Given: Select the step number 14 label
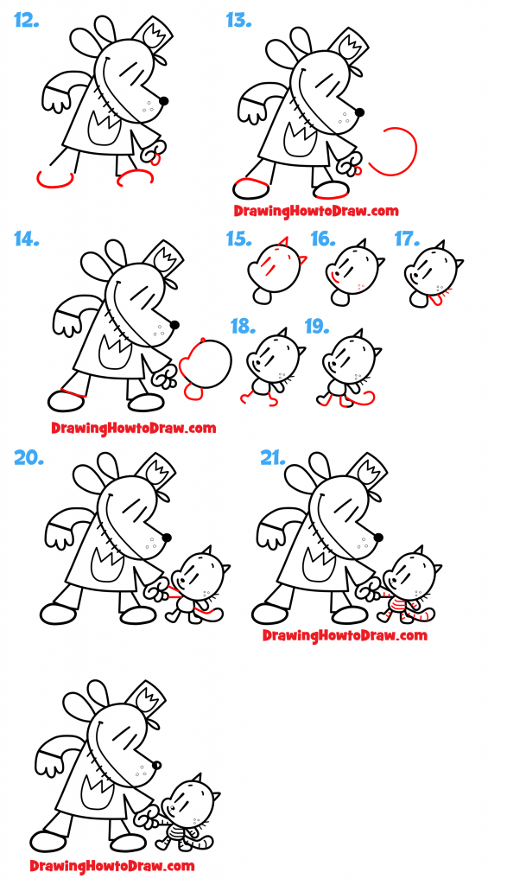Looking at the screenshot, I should tap(27, 239).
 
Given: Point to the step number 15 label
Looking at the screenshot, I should tap(239, 239).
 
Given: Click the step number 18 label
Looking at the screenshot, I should tap(244, 326).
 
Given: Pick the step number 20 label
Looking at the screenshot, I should tap(29, 458).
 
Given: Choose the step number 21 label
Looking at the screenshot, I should tap(273, 458).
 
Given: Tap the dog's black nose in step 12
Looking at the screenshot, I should tap(164, 101).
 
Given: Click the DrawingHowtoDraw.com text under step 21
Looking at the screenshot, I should tap(345, 635).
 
